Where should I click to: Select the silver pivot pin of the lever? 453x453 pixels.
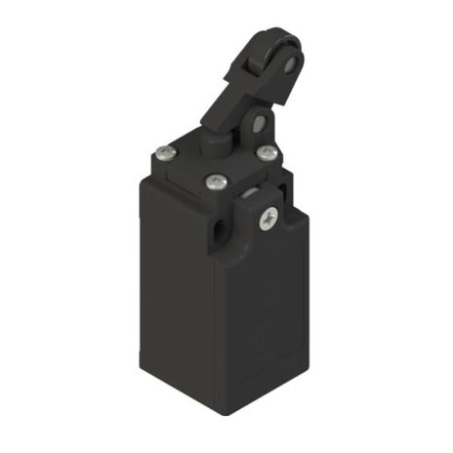(x=259, y=124)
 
